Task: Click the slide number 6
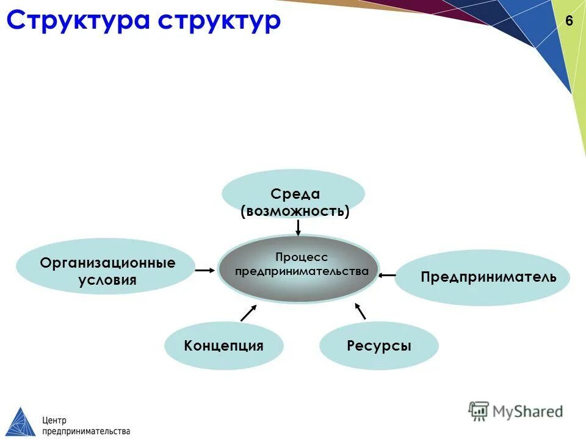[569, 21]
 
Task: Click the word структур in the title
[220, 20]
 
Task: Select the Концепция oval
[224, 346]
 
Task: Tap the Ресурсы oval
[379, 346]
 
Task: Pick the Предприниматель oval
[482, 277]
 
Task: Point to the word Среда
[295, 194]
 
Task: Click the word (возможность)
[295, 212]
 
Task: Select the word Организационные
[107, 263]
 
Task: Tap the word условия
[107, 280]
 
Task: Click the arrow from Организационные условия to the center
[204, 269]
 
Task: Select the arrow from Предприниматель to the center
[387, 276]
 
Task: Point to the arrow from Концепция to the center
[248, 313]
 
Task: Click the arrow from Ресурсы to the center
[360, 311]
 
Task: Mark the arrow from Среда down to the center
[298, 227]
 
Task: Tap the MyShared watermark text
[527, 412]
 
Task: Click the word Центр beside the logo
[54, 419]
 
